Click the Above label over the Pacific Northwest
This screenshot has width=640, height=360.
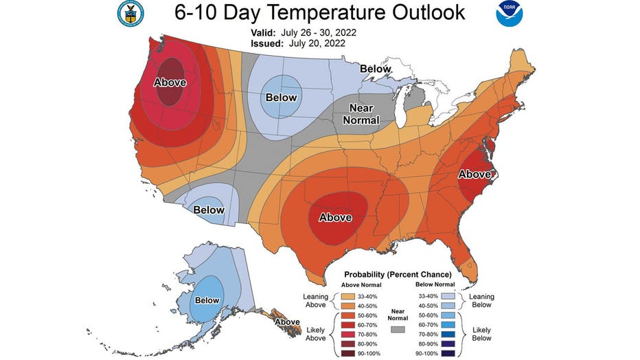[170, 82]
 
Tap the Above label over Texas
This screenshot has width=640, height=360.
[335, 218]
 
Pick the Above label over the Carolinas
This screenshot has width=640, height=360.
[475, 175]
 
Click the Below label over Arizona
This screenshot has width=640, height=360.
[209, 210]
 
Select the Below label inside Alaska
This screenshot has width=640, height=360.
[207, 300]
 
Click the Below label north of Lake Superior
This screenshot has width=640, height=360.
[376, 69]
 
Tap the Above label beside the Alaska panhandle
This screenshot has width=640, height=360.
[287, 322]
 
